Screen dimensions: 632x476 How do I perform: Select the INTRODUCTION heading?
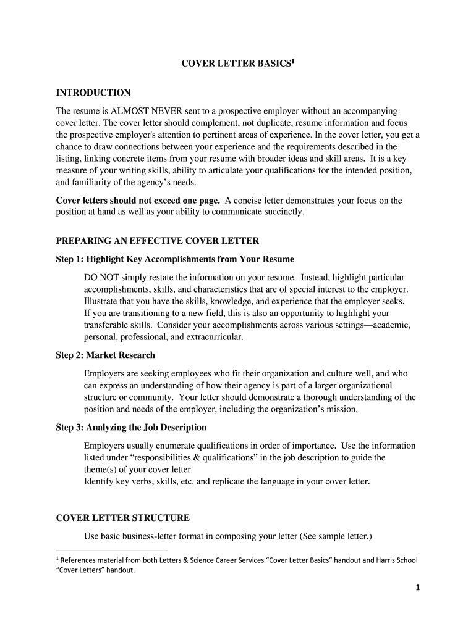(x=93, y=93)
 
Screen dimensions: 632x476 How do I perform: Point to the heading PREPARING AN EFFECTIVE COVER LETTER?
(x=158, y=241)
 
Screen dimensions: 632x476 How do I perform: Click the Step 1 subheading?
(x=175, y=259)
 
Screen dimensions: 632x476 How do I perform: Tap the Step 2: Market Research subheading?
(x=106, y=355)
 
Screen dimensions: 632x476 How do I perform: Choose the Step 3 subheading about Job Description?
(x=131, y=427)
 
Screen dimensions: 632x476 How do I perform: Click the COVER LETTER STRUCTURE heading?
(x=123, y=518)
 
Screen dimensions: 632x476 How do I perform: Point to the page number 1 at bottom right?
(x=417, y=588)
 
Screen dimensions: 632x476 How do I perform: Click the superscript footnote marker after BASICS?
(x=292, y=61)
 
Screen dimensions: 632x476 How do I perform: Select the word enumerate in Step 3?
(x=185, y=446)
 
